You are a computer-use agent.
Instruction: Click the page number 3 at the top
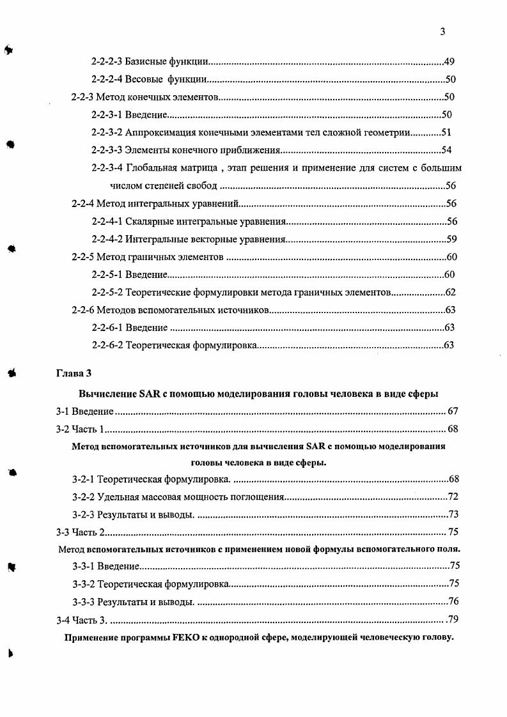[x=442, y=32]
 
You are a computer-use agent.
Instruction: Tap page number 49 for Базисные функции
[x=449, y=62]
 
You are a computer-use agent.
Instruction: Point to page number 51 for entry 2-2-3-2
[x=446, y=133]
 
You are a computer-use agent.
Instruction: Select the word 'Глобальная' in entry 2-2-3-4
[x=150, y=169]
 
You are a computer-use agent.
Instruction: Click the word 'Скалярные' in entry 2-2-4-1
[x=148, y=222]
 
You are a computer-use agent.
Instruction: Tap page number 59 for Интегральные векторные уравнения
[x=451, y=240]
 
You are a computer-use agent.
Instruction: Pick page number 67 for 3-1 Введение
[x=453, y=411]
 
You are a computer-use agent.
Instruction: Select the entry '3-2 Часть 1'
[x=80, y=429]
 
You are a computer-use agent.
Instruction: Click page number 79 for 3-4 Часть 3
[x=453, y=619]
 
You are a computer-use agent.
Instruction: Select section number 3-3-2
[x=83, y=583]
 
